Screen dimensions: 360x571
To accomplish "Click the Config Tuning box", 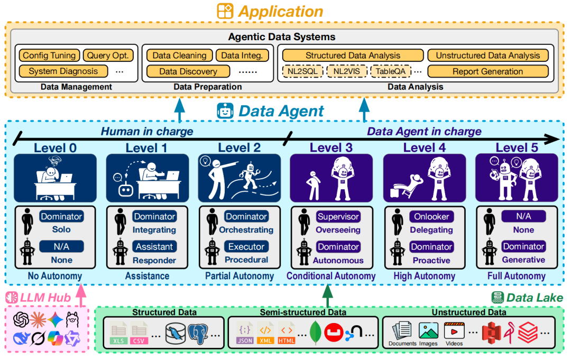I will pos(50,56).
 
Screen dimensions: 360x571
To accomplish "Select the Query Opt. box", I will pos(110,56).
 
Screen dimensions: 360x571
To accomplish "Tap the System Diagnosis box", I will pos(63,71).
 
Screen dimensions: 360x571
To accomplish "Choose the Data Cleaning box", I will pos(179,56).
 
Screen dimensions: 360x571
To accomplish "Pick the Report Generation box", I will pos(487,71).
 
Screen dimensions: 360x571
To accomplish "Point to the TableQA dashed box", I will pos(391,71).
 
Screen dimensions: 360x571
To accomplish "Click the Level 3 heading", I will pos(331,147).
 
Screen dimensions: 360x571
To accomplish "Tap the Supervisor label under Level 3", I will pos(338,217).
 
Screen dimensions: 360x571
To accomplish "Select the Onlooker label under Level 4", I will pos(431,217).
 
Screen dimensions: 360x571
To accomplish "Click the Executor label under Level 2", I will pos(246,246).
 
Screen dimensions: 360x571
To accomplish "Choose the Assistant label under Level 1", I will pos(154,246).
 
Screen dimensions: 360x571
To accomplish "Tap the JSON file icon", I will pos(245,333).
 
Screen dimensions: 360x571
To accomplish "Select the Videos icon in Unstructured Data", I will pos(454,333).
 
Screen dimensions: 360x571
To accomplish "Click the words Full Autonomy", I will pos(517,276).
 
